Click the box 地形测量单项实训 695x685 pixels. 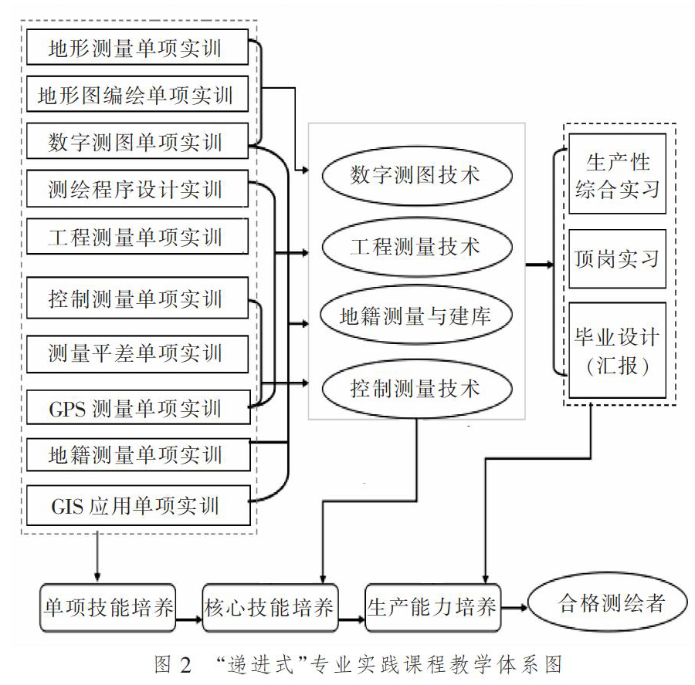(137, 47)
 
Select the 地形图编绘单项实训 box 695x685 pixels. (137, 94)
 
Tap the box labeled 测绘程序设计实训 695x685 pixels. (137, 189)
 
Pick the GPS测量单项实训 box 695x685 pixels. (138, 407)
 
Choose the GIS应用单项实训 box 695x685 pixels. (138, 505)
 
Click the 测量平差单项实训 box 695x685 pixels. (137, 354)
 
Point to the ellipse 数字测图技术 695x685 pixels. (417, 175)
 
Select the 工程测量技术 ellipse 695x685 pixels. (417, 247)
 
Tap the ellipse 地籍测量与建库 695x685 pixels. (415, 315)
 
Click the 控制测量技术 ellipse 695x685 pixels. (417, 388)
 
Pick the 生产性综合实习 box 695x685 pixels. (618, 174)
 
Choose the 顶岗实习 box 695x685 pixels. (618, 258)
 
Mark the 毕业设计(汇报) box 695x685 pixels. (618, 349)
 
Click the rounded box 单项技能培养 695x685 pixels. (108, 608)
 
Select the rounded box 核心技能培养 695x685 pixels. (270, 608)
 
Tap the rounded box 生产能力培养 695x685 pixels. (432, 608)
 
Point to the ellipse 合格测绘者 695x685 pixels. (608, 602)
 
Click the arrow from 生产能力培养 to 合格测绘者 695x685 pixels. (514, 608)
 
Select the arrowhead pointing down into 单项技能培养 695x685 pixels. (97, 577)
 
